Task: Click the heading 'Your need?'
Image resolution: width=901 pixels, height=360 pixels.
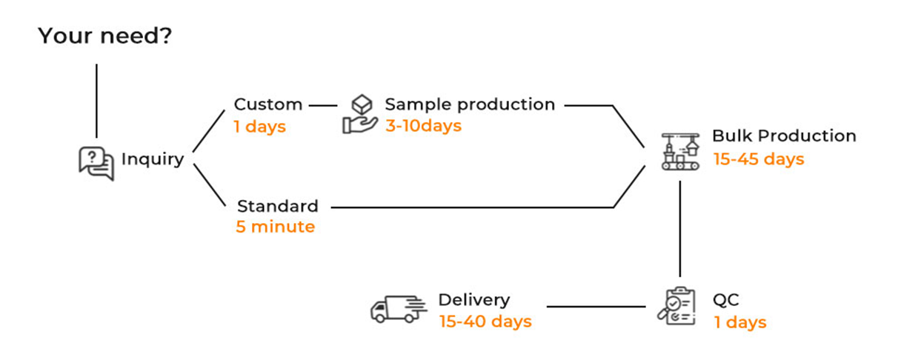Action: [104, 36]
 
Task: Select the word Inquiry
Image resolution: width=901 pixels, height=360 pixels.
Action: [153, 159]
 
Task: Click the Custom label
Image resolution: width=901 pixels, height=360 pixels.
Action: [267, 104]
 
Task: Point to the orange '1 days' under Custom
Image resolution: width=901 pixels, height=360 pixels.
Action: [259, 127]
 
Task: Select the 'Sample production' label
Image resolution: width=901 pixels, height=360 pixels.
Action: [470, 104]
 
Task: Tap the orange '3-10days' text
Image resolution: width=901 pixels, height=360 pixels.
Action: [423, 126]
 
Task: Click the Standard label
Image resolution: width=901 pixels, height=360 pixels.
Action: [277, 206]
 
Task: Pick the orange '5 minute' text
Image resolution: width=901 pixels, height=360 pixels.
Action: [275, 227]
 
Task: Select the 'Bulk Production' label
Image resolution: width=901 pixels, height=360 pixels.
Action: [784, 136]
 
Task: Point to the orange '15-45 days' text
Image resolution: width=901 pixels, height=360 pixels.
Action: [759, 159]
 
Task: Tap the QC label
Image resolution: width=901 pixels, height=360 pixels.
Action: [726, 300]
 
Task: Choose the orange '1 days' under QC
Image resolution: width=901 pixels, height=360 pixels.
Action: [739, 322]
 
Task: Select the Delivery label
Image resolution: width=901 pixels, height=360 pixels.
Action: [474, 300]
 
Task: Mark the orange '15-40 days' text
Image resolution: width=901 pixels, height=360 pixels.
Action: [485, 321]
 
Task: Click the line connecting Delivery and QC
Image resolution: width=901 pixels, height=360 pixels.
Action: [597, 307]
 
